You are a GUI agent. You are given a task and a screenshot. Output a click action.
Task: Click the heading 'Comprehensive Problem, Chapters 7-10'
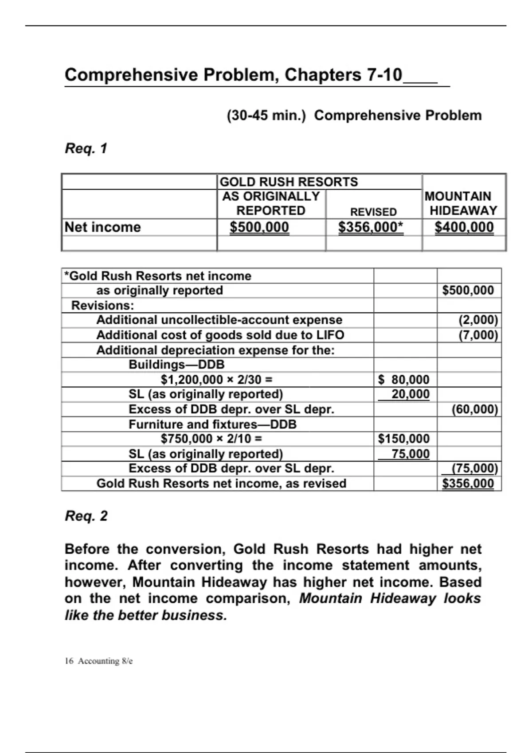point(233,75)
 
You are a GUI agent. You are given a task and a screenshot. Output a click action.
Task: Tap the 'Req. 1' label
point(86,148)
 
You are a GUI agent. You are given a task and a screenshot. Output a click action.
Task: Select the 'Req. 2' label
point(86,516)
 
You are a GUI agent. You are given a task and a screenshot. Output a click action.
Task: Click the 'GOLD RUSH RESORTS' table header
point(289,182)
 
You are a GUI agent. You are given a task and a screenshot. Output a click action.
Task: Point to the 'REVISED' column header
point(373,212)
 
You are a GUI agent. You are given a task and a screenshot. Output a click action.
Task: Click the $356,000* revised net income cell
point(371,227)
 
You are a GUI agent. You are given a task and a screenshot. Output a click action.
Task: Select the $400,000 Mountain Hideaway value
point(464,227)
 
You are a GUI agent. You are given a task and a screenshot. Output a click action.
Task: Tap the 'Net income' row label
point(102,227)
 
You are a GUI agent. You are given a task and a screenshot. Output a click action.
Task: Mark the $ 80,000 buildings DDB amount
point(404,380)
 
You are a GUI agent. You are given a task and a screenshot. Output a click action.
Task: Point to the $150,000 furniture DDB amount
point(404,439)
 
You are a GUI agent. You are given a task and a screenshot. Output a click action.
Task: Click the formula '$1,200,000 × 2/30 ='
point(216,380)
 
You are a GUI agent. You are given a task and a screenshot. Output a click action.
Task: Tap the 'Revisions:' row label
point(102,306)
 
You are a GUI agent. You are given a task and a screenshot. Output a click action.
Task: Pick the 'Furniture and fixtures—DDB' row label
point(212,424)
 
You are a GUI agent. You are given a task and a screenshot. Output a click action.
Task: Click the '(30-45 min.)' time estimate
point(266,116)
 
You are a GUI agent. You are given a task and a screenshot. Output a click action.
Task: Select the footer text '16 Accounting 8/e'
point(98,661)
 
